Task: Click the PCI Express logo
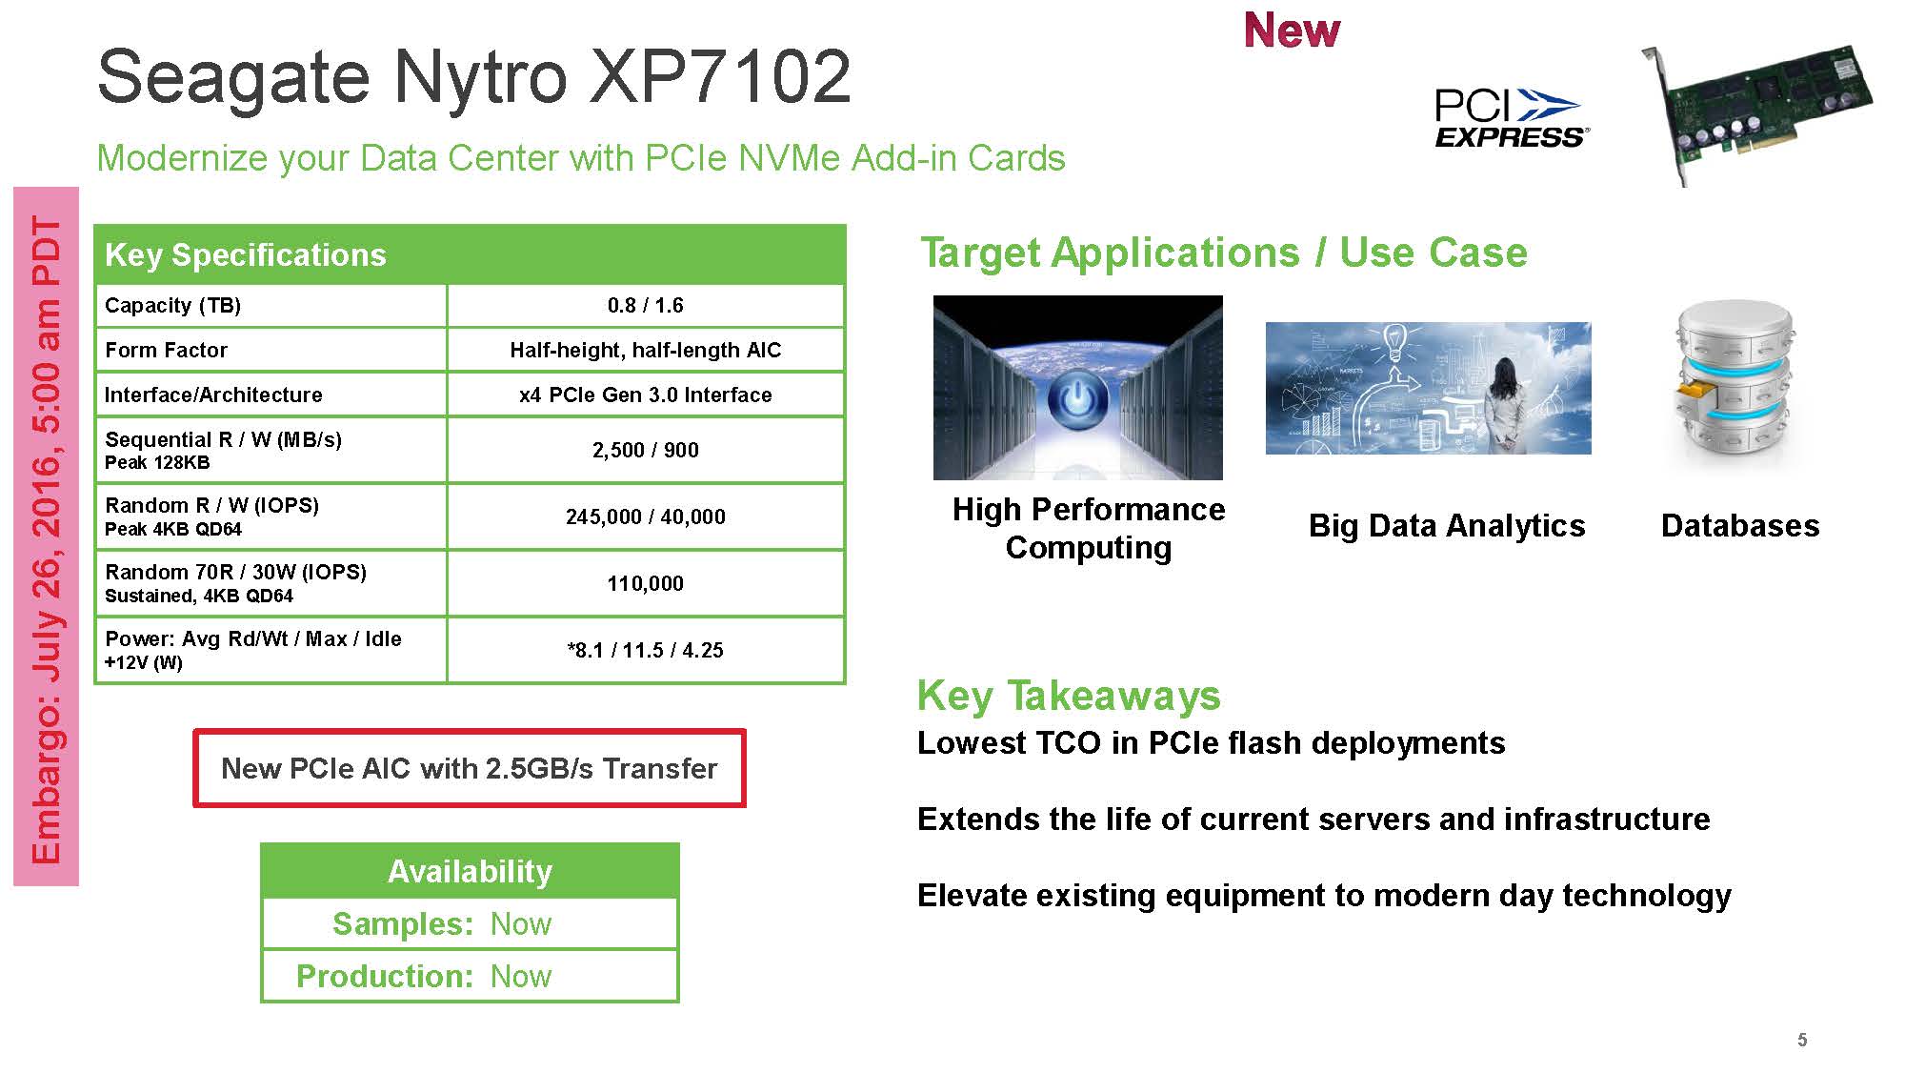[1511, 118]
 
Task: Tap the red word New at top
[1292, 30]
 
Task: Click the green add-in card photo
[1756, 112]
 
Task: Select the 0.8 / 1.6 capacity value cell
[646, 305]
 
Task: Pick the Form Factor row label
[166, 350]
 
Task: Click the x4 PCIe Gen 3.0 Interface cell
[646, 395]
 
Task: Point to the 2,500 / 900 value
[646, 450]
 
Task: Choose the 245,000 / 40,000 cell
[646, 516]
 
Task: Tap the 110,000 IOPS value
[646, 583]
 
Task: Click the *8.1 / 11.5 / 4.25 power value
[646, 650]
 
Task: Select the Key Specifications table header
[470, 254]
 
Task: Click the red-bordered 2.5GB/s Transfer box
[470, 768]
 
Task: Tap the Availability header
[470, 871]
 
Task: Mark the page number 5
[1802, 1040]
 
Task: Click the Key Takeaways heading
[1069, 696]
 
